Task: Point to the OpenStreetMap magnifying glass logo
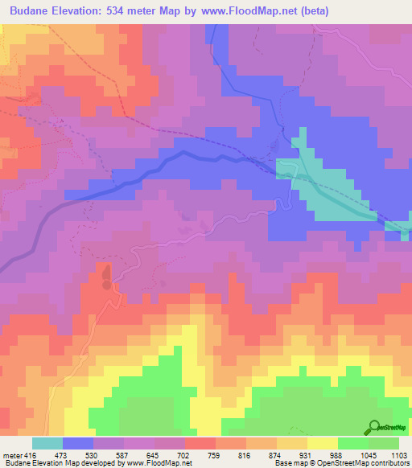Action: click(373, 427)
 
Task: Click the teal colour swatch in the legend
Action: click(47, 443)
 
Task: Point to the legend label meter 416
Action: click(18, 454)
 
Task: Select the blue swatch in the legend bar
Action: click(78, 443)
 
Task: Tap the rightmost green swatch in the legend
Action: click(384, 443)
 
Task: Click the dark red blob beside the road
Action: click(105, 278)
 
